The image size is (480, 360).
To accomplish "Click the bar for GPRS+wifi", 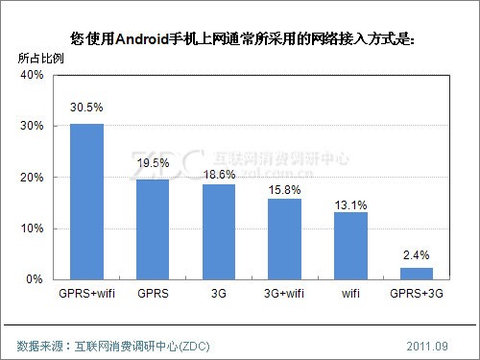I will (x=86, y=202).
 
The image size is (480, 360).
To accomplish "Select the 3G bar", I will (x=218, y=231).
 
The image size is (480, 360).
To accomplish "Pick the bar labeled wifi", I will (x=350, y=246).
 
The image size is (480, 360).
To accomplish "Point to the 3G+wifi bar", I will (x=284, y=239).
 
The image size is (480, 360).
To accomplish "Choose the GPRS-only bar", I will (x=153, y=229).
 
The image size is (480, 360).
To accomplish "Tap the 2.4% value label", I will (x=417, y=253).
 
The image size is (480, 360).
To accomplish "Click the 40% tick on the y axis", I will (x=32, y=75).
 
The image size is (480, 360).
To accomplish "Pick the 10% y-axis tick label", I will (x=32, y=228).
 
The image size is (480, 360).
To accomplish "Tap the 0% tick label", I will (x=36, y=279).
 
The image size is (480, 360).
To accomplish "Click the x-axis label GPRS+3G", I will (x=417, y=293).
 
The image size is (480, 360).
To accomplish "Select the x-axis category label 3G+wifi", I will (x=284, y=293).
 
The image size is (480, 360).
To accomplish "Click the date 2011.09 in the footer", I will (x=426, y=344).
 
